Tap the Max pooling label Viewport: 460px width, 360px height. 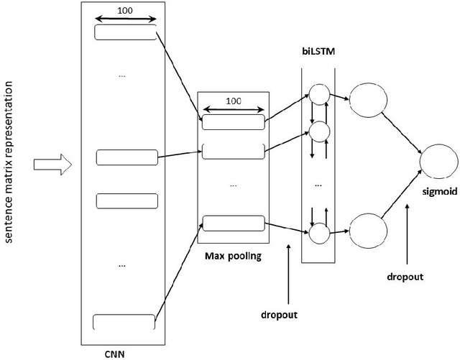pos(233,254)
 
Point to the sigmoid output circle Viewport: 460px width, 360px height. pos(438,160)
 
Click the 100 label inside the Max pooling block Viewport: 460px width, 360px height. pos(233,102)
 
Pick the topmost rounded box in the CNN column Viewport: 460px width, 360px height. pos(125,32)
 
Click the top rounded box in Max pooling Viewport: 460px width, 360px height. pos(233,122)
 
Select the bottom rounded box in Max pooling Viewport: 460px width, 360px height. pos(233,223)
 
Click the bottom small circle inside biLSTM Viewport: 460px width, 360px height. pos(318,231)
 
